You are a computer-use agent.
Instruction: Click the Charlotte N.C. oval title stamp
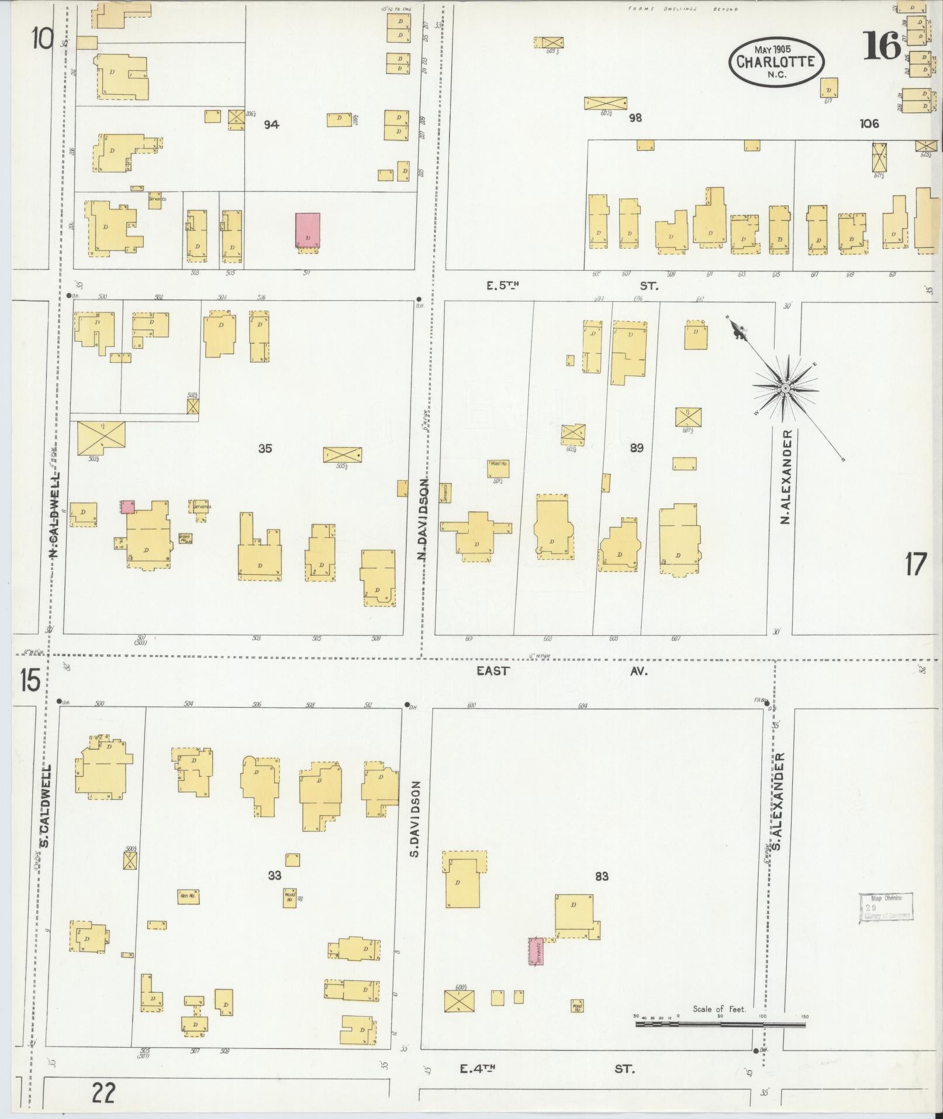point(776,61)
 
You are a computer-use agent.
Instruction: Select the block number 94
point(271,124)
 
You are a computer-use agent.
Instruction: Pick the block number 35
point(265,449)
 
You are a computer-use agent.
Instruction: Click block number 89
point(637,448)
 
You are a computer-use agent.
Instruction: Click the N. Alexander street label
point(787,477)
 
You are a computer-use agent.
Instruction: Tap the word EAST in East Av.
point(493,671)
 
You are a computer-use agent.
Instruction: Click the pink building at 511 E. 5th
point(308,230)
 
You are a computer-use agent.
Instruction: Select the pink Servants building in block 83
point(536,951)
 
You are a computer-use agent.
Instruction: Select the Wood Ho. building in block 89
point(498,468)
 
